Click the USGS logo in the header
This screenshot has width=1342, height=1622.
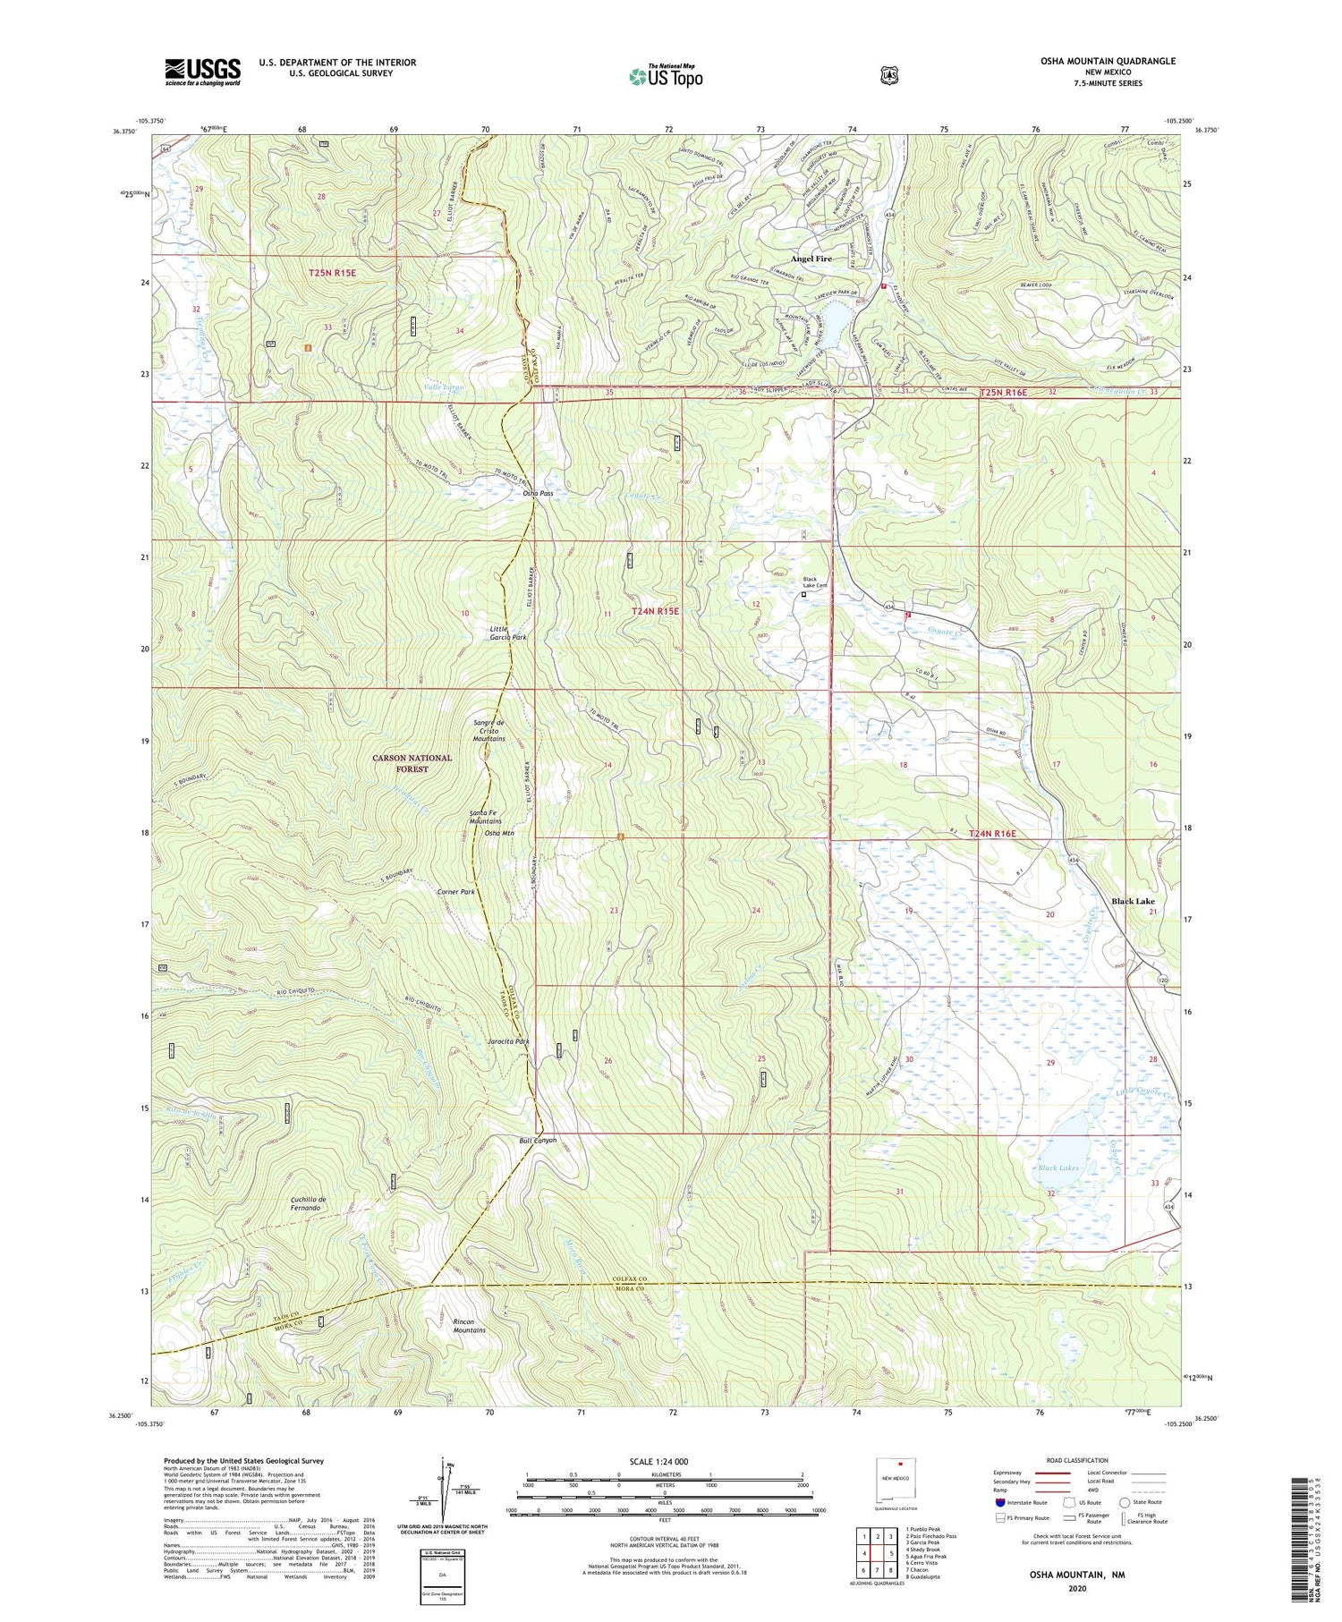click(202, 72)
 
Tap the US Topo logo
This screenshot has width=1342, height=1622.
click(666, 76)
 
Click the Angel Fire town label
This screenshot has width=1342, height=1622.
click(811, 259)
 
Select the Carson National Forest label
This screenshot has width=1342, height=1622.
click(412, 763)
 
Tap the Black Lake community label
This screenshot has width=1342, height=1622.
click(1134, 902)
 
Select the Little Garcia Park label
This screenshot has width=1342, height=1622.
click(507, 633)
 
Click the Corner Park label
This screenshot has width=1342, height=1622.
click(455, 892)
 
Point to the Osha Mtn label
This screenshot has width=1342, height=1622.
click(499, 833)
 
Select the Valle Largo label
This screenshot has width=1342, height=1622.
click(444, 387)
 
